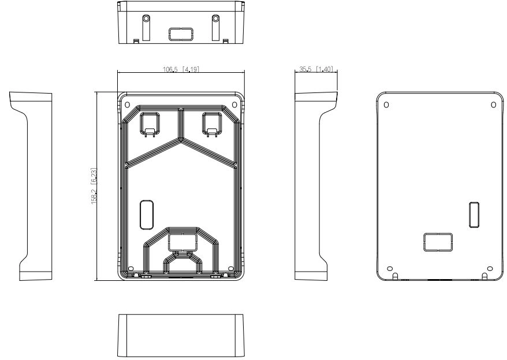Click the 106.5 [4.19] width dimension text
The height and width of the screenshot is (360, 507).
[181, 69]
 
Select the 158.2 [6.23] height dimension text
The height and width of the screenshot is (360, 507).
[94, 185]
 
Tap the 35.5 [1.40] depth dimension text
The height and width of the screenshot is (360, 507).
[316, 69]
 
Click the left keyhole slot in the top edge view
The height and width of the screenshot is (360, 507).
[146, 27]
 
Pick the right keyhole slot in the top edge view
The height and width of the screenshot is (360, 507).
[215, 27]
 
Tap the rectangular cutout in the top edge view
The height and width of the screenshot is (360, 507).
[181, 34]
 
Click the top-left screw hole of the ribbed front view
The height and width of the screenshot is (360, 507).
[128, 105]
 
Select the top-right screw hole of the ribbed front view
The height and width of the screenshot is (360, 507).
[235, 105]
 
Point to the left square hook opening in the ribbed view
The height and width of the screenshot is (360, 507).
[149, 123]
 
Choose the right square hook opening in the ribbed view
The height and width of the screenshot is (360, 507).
[212, 123]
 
